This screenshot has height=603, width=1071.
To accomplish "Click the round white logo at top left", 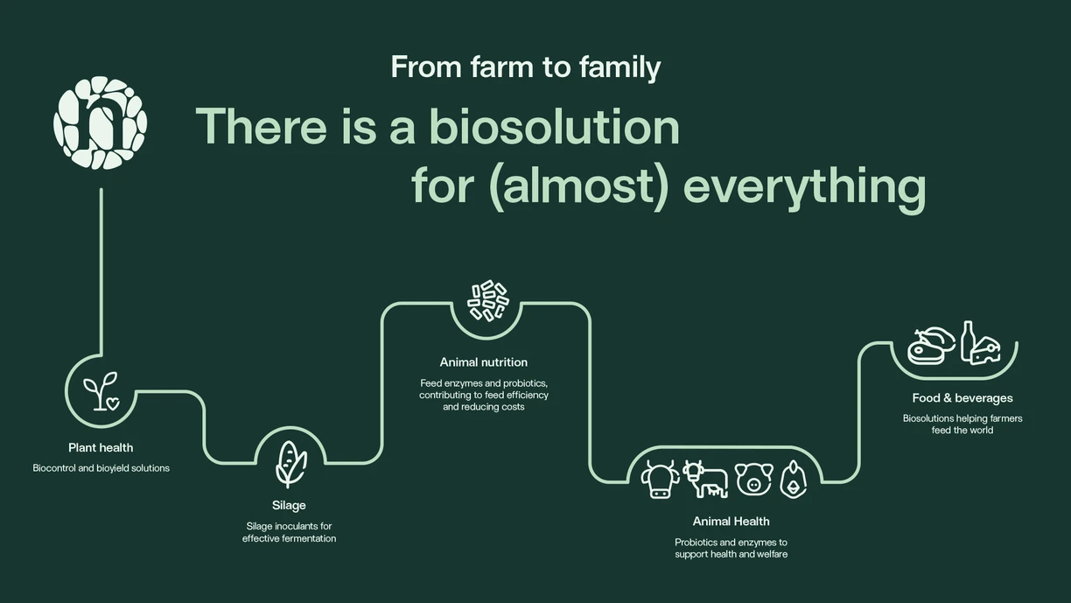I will (100, 123).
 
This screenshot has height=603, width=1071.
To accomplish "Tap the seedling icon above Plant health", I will (101, 391).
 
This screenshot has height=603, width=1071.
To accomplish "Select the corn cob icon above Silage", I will (290, 463).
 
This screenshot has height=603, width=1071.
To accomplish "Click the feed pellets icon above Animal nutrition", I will (487, 300).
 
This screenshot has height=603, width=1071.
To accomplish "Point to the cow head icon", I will (660, 480).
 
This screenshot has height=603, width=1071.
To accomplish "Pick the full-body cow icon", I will (706, 479).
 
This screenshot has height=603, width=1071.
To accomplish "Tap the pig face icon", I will (753, 480).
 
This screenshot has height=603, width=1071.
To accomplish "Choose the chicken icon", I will (793, 480).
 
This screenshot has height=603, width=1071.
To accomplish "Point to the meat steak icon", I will (931, 346).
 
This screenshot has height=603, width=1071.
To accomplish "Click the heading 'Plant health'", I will (101, 448).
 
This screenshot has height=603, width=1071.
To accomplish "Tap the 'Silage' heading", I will (289, 505).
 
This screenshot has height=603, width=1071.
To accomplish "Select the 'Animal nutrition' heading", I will (484, 362).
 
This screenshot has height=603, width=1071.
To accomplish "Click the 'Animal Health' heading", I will (731, 522).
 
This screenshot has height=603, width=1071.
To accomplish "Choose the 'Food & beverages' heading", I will (962, 398).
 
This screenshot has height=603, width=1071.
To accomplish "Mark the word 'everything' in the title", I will (804, 186).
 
